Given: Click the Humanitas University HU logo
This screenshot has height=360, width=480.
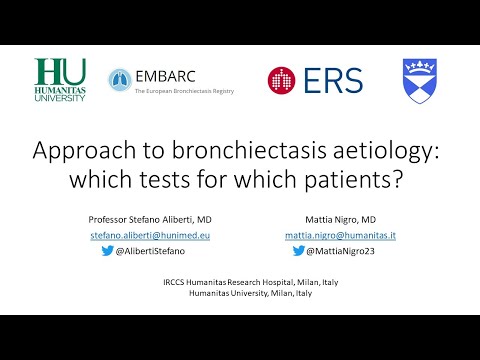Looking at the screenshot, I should pyautogui.click(x=60, y=80).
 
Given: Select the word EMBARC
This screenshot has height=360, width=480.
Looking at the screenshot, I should pyautogui.click(x=166, y=76).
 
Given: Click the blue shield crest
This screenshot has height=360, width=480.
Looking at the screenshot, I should pyautogui.click(x=418, y=81).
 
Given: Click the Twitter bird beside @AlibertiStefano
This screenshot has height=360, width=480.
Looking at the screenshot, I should pyautogui.click(x=108, y=252).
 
